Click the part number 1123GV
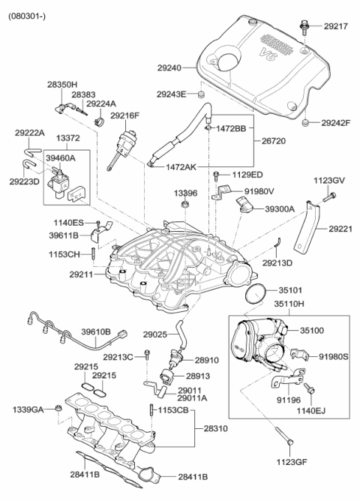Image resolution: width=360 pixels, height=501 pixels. pos(328,180)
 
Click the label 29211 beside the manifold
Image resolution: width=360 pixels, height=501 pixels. pos(82,275)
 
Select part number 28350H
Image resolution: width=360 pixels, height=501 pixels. pos(62,85)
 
